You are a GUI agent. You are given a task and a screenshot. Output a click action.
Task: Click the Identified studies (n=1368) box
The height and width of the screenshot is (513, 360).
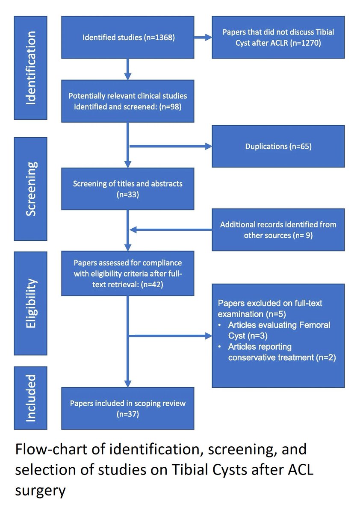point(128,37)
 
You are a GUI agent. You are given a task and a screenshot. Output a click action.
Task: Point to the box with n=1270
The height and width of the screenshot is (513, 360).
point(278,37)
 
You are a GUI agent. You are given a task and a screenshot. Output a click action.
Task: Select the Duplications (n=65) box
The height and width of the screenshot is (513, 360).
point(278,146)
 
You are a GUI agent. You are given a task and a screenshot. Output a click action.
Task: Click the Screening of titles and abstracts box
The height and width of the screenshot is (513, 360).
point(128,189)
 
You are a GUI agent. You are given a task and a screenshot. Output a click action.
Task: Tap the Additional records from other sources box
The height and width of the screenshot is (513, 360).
point(278,230)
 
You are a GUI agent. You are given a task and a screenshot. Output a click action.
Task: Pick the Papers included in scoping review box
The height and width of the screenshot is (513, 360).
point(128,408)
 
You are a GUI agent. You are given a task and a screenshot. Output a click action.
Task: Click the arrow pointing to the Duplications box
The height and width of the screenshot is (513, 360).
point(171,146)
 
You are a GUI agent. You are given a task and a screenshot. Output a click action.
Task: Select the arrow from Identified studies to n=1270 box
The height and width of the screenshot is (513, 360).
point(203,37)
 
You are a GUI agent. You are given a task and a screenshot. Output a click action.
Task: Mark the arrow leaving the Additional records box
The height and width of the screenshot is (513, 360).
point(171,230)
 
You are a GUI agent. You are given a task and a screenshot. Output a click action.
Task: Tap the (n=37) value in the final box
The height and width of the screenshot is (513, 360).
point(128,414)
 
